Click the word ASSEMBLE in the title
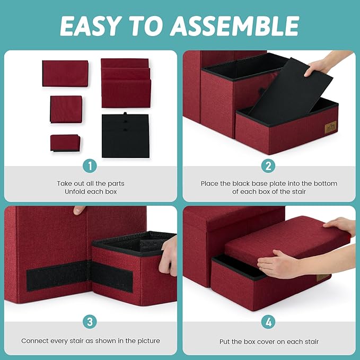tap(234, 25)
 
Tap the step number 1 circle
tap(90, 166)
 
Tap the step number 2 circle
tap(268, 166)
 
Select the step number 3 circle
tap(90, 321)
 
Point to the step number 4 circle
tap(268, 322)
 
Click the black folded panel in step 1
tap(125, 135)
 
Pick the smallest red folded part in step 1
tap(65, 143)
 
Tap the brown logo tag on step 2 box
tap(331, 127)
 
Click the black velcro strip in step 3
tap(80, 276)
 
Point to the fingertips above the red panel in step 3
tap(79, 210)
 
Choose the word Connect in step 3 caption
tap(34, 341)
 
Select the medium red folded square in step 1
tap(66, 109)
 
